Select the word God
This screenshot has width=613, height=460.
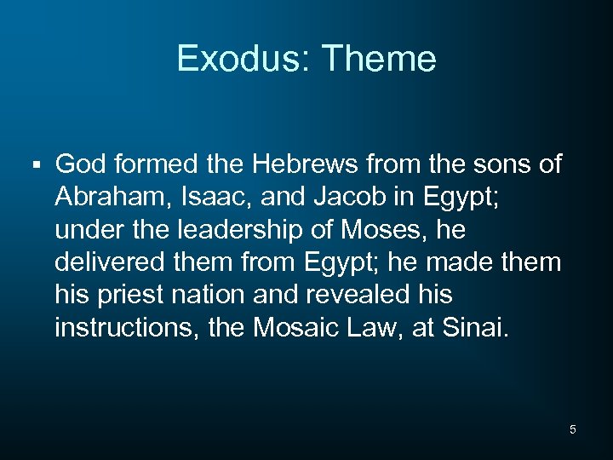(x=79, y=164)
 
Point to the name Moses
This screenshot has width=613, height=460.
(x=388, y=229)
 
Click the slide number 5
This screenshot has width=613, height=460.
(x=572, y=429)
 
